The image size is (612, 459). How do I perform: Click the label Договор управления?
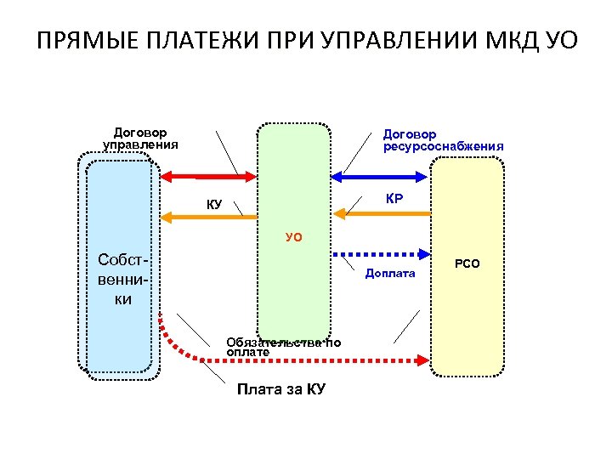click(140, 139)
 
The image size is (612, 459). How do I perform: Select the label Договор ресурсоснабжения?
click(442, 140)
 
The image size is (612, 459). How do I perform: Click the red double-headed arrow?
click(208, 176)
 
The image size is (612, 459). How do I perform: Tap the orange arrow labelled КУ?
click(208, 218)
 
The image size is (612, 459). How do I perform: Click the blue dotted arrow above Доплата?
click(379, 252)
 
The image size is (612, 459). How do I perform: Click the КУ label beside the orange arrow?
click(214, 204)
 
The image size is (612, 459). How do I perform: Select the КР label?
click(394, 199)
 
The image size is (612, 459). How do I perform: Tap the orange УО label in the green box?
click(293, 238)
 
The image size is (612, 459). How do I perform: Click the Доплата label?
click(390, 273)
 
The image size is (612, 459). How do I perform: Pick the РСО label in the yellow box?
click(467, 264)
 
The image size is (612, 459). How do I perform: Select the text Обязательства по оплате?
click(283, 347)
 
